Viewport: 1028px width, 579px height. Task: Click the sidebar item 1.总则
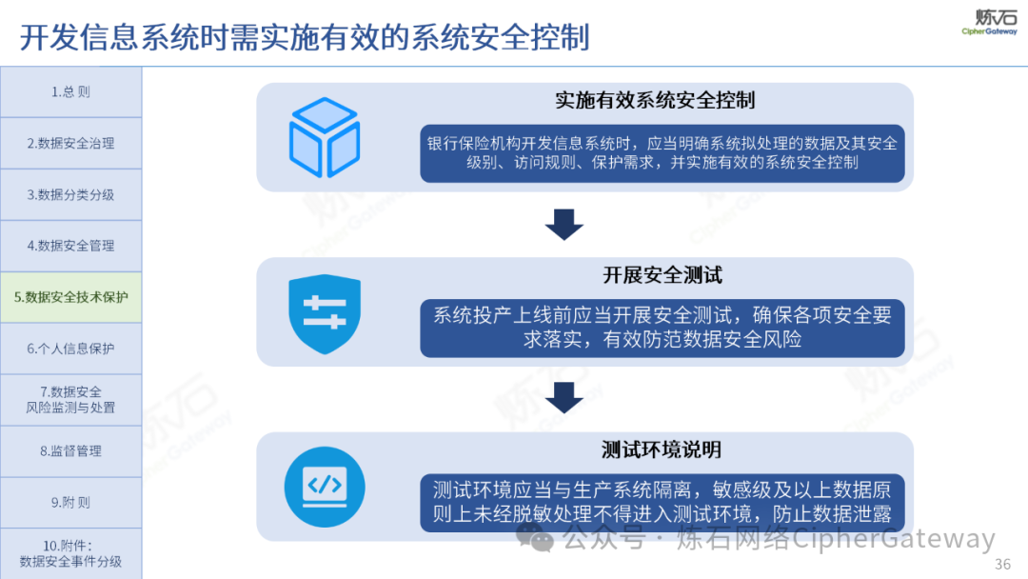click(x=70, y=91)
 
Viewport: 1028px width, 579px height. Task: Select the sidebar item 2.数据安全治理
click(x=70, y=143)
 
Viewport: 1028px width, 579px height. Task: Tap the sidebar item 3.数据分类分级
click(x=70, y=195)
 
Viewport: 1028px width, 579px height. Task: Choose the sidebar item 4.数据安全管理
click(x=70, y=246)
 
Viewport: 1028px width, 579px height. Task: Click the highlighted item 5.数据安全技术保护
click(x=70, y=297)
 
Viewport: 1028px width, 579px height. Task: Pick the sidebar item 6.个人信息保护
click(x=70, y=349)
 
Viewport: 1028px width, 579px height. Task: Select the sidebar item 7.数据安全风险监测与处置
click(x=70, y=400)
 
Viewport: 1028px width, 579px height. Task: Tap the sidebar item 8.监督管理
click(x=70, y=451)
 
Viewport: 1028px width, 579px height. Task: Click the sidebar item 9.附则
click(x=70, y=502)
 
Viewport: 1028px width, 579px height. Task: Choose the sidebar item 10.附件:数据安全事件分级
click(x=70, y=553)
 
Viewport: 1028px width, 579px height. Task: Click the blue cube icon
click(x=325, y=137)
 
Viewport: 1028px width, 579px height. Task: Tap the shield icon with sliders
click(x=325, y=314)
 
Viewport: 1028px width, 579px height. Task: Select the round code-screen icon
click(x=325, y=487)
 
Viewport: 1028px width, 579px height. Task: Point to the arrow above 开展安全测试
click(x=563, y=224)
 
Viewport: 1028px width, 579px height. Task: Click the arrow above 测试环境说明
click(x=563, y=397)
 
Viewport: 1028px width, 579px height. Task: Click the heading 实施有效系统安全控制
click(x=655, y=100)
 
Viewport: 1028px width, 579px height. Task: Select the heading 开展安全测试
click(x=662, y=275)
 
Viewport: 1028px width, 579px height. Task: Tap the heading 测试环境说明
click(x=661, y=449)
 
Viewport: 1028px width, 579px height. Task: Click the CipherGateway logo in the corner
click(x=989, y=22)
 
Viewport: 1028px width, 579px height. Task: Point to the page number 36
click(x=1002, y=564)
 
